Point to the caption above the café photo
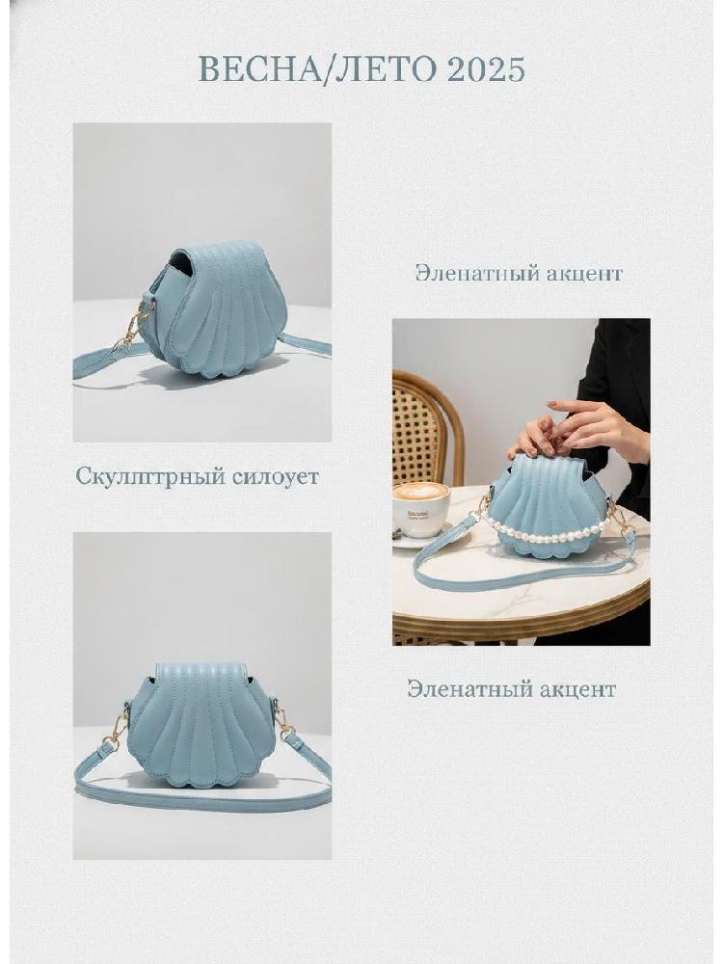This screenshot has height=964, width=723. coord(519,273)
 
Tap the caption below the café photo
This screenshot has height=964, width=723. coord(512,688)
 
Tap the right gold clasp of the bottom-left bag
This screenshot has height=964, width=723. coord(281,721)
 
